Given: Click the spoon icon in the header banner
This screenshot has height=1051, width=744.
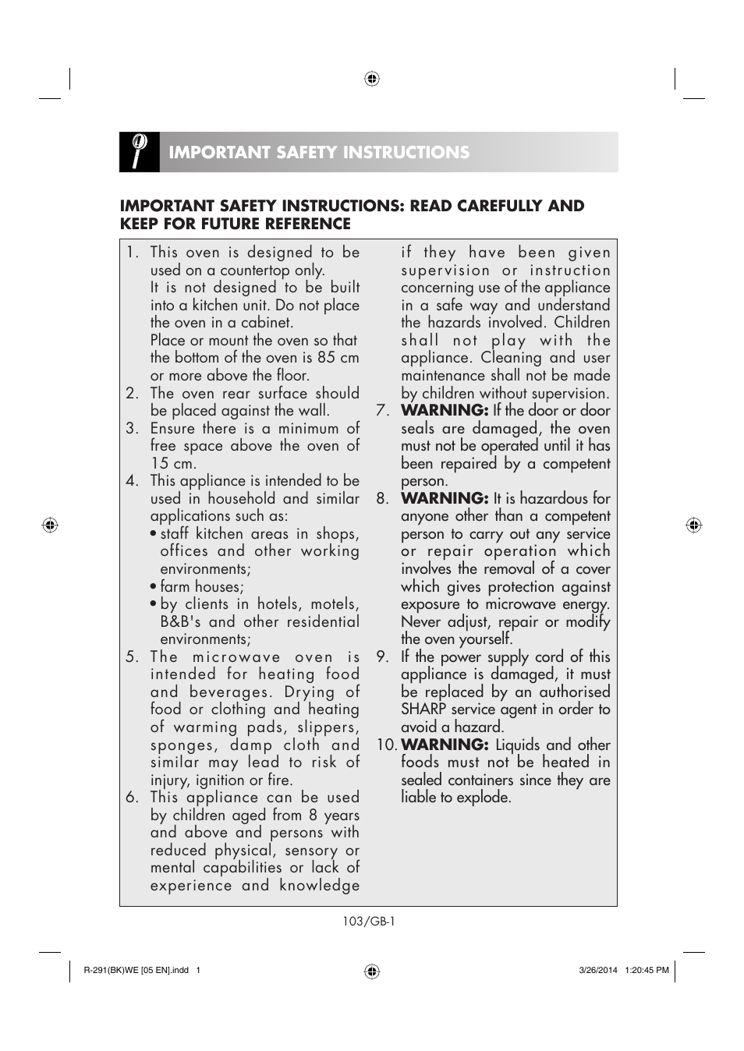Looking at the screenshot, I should coord(139,151).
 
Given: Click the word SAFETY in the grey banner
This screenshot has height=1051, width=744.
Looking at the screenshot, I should coord(300,153).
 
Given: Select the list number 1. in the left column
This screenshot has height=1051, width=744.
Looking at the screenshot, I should coord(133,253).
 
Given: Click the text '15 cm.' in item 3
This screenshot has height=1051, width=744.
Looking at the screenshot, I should coord(173,463).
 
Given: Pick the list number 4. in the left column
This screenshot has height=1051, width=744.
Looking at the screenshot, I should coord(133,481).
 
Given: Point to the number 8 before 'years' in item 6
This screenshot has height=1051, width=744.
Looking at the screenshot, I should coord(313,816).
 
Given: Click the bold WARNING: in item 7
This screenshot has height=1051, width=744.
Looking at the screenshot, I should coord(445,411).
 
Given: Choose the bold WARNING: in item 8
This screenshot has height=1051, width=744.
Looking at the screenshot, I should coord(445,499).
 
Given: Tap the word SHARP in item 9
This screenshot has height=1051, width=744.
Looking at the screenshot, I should coord(424,710).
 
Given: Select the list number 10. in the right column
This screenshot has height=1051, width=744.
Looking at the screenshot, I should coord(387,745).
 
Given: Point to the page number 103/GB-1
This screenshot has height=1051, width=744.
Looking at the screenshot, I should coord(369,922).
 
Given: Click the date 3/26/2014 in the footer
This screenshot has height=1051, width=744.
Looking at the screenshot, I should coord(598,971).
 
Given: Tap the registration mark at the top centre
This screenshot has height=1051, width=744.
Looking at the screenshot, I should coord(372,79).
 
